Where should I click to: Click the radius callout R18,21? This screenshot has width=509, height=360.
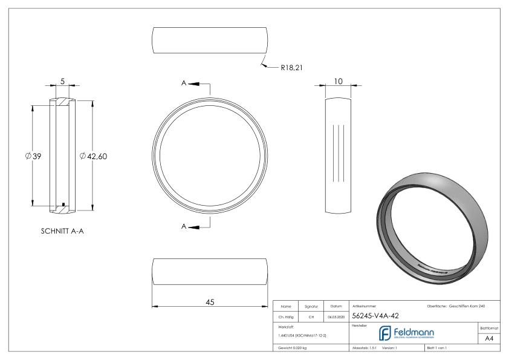(291, 68)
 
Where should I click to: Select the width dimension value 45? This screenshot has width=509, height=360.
(210, 302)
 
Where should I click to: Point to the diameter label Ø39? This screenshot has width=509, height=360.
(33, 157)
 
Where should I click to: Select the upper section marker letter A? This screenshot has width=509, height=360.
(184, 84)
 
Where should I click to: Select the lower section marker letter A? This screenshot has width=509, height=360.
(184, 226)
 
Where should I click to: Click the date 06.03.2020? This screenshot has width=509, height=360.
(336, 316)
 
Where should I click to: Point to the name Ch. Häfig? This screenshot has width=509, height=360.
(287, 316)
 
